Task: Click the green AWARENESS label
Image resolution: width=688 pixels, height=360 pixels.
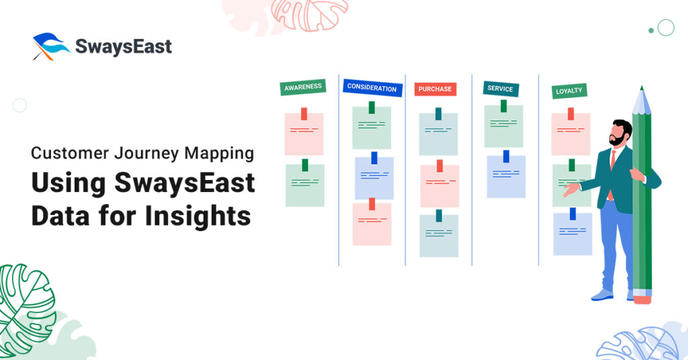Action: click(303, 87)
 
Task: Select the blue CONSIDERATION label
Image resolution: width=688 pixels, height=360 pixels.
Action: click(372, 88)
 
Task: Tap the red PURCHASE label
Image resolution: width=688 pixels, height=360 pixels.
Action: click(435, 89)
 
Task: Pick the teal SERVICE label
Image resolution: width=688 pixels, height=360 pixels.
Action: click(500, 89)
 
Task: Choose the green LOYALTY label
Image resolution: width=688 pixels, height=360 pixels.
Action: click(569, 91)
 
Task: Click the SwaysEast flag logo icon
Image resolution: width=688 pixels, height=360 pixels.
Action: click(50, 46)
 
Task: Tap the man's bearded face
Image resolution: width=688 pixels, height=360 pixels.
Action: click(619, 134)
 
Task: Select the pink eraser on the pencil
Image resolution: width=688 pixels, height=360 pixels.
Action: click(642, 300)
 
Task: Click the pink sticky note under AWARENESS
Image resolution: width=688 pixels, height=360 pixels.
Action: click(304, 134)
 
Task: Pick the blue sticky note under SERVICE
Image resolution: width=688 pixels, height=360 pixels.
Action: click(506, 176)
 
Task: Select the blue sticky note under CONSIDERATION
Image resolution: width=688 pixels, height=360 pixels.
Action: click(374, 178)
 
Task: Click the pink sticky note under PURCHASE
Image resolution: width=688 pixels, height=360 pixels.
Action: click(439, 186)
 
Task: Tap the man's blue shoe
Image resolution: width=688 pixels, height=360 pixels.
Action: click(602, 295)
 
